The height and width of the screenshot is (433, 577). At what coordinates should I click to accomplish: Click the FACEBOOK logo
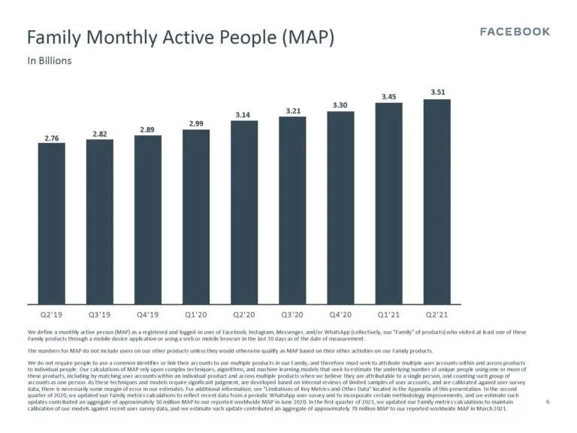click(x=515, y=32)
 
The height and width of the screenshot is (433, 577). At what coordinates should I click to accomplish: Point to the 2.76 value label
click(x=51, y=138)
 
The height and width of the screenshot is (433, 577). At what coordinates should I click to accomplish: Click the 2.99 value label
click(x=196, y=123)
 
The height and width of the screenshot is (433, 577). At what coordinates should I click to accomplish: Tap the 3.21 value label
click(x=292, y=111)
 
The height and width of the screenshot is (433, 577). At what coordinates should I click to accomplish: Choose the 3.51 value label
click(x=437, y=92)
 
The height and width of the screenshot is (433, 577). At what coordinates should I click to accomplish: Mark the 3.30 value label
click(x=340, y=105)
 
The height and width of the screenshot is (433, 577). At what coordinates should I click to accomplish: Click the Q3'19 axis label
click(x=99, y=316)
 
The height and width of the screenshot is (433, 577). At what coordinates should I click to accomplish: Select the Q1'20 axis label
click(x=196, y=316)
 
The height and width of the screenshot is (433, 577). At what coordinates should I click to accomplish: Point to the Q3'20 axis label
click(x=292, y=316)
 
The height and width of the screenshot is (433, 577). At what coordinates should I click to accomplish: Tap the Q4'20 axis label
click(x=340, y=316)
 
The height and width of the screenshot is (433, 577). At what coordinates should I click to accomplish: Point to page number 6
click(x=548, y=402)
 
